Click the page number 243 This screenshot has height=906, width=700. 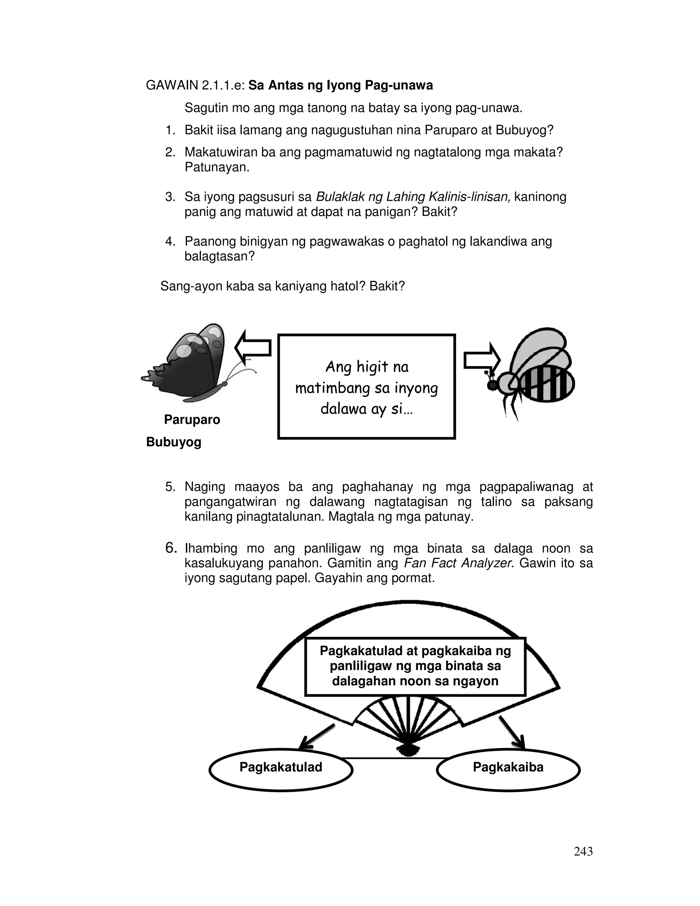583,851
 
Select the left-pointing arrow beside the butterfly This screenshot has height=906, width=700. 253,348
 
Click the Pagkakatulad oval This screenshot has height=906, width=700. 281,767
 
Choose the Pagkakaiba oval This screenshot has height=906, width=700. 508,767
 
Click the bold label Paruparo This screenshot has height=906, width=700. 192,419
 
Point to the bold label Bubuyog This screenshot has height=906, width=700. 174,442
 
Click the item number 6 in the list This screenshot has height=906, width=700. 171,548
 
